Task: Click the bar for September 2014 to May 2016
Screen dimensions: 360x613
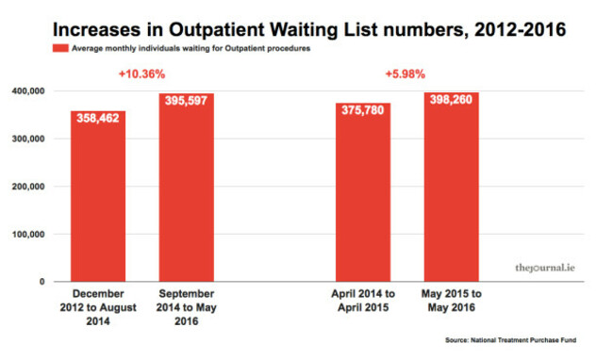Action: tap(186, 188)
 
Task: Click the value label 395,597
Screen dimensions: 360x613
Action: tap(186, 105)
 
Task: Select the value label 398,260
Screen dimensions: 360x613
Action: tap(451, 104)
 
